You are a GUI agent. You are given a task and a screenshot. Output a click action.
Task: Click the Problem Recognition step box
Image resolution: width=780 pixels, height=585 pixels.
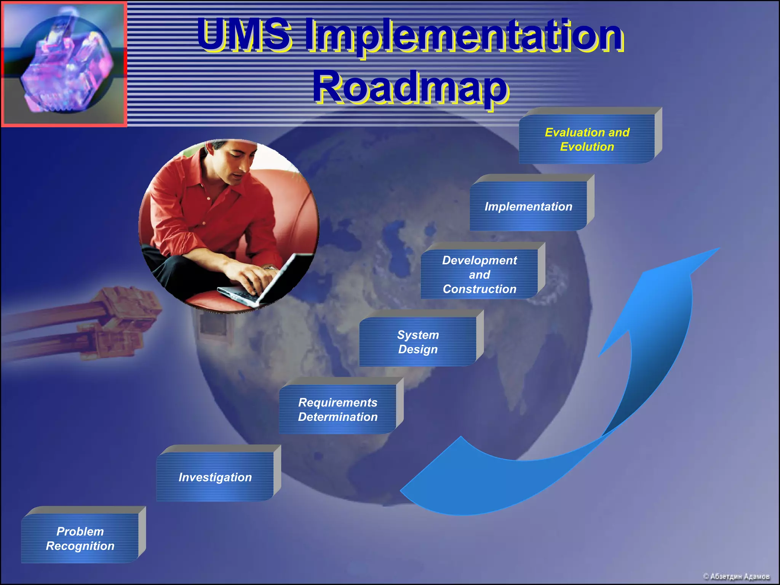click(80, 538)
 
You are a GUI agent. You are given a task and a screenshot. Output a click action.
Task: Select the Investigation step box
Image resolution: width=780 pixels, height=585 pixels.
click(215, 477)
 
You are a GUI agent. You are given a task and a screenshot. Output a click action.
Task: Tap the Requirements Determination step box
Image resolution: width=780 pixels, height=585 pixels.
click(338, 409)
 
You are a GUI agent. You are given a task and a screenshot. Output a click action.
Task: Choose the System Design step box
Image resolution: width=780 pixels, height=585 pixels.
click(418, 342)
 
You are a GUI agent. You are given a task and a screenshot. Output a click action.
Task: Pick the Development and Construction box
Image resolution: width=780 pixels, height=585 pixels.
click(480, 274)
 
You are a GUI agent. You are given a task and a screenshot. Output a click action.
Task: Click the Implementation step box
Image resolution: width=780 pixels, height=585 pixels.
click(528, 206)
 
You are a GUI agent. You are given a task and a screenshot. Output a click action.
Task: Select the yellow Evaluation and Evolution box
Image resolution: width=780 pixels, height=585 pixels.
click(587, 139)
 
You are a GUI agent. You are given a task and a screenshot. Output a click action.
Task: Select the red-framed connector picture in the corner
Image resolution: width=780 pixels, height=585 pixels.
click(64, 64)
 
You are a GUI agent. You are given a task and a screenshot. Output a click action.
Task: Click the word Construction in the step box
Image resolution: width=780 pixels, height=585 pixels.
click(480, 289)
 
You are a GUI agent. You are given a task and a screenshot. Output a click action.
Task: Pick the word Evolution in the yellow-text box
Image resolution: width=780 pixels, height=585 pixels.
click(587, 147)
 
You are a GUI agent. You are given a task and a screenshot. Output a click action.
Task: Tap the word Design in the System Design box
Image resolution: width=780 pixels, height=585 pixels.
click(418, 349)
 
